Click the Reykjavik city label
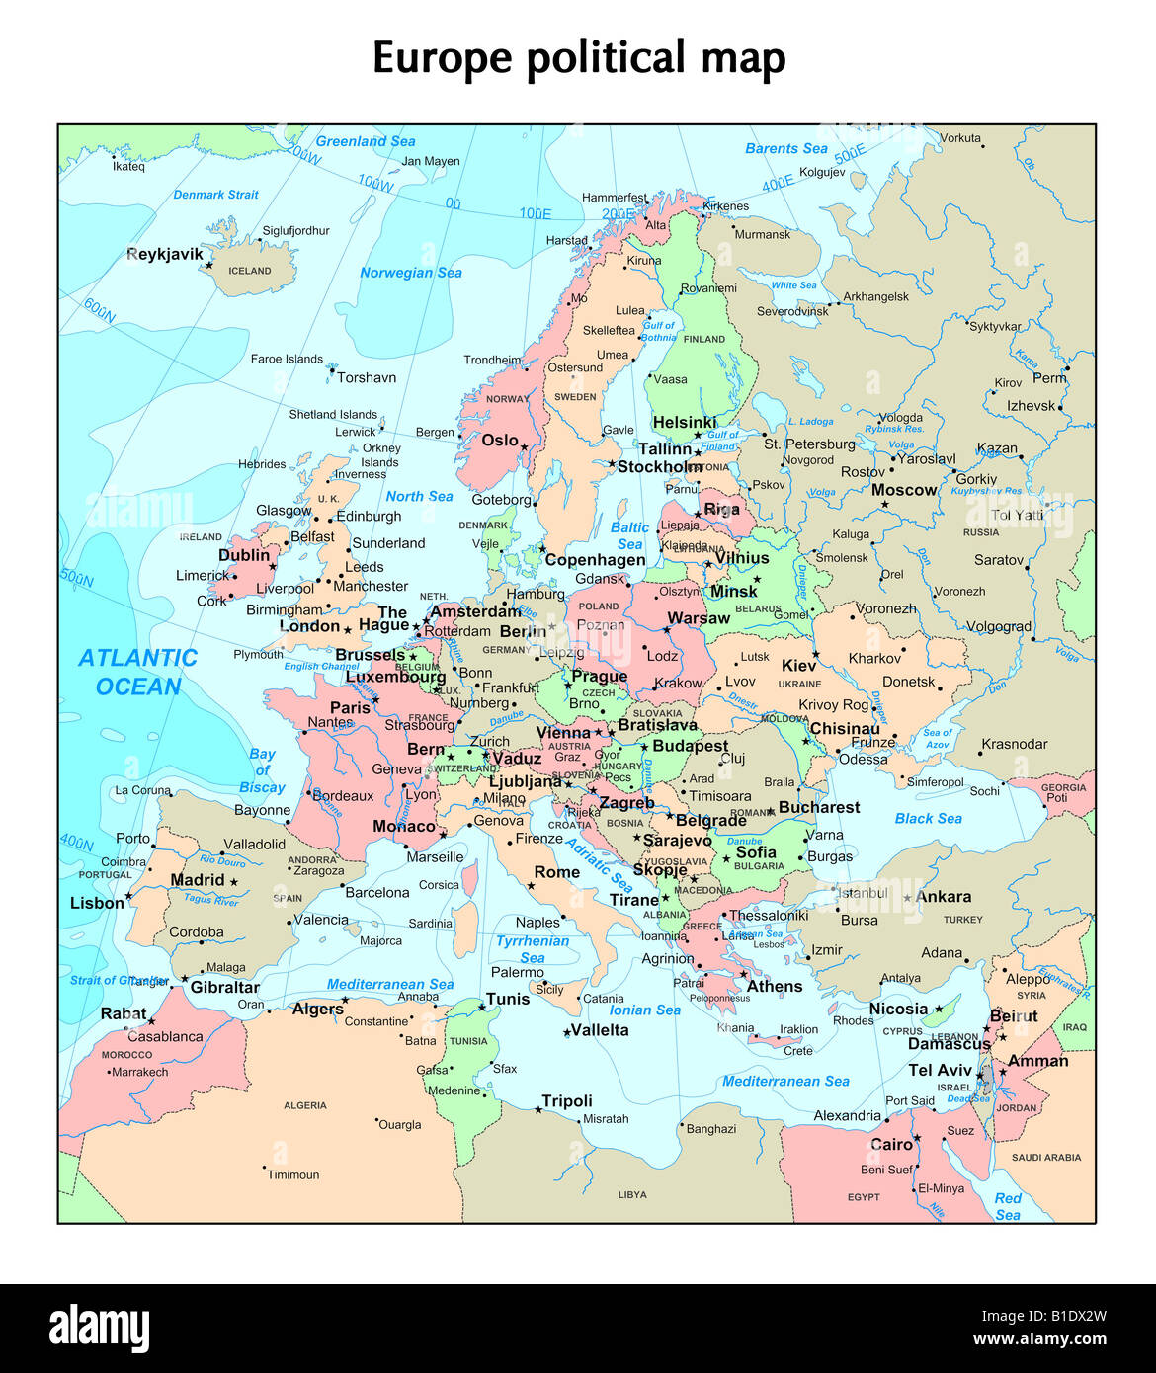coord(164,254)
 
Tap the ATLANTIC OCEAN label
coord(138,672)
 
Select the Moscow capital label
coord(903,490)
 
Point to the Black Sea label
coord(928,818)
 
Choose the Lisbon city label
coord(97,903)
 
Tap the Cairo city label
coord(890,1144)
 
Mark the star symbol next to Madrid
coord(234,881)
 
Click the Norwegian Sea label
coord(410,273)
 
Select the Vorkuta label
coord(959,138)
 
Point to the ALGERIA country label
coord(304,1105)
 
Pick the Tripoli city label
coord(567,1100)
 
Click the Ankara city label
coord(943,897)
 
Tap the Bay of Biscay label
coord(262,770)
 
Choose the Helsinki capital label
coord(684,423)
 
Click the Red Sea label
coord(1008,1206)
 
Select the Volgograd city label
coord(998,626)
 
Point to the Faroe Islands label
coord(287,359)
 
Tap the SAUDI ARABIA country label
coord(1046,1157)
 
